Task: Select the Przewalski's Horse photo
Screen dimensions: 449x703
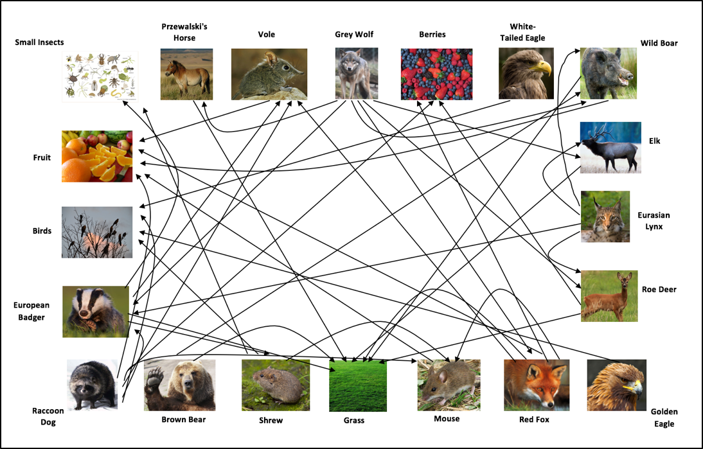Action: point(186,75)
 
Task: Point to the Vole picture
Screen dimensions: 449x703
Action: point(269,74)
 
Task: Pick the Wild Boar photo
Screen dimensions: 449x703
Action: point(608,73)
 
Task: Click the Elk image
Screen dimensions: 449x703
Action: point(610,147)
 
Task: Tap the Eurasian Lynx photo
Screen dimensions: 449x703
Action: point(605,216)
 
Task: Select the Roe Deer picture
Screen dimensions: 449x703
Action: point(609,295)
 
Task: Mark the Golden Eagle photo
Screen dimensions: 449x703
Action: point(616,385)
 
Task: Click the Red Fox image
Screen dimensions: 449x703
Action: point(536,385)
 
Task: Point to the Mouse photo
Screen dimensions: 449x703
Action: point(449,385)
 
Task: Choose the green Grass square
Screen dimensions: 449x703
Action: point(358,385)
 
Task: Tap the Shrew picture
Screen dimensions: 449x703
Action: point(276,385)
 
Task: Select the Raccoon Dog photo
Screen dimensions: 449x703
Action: point(93,385)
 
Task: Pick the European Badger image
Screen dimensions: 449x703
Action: point(95,312)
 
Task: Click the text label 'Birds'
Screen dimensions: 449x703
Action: point(42,231)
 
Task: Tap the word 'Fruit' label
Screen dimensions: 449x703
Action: point(42,157)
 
